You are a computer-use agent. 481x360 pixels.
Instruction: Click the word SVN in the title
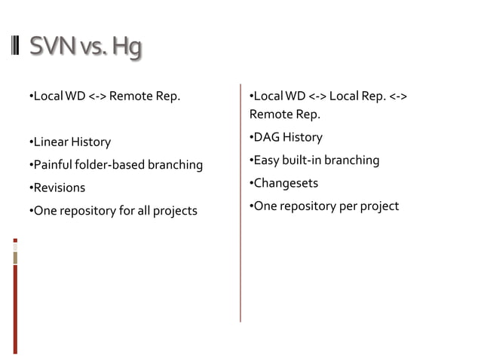[x=49, y=47]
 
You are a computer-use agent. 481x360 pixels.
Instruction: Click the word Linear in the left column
[x=50, y=142]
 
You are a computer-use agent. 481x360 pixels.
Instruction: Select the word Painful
[x=54, y=164]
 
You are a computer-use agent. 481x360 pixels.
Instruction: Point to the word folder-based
[x=112, y=164]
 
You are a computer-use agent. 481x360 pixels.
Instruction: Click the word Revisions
[x=59, y=188]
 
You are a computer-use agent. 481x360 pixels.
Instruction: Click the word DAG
[x=266, y=137]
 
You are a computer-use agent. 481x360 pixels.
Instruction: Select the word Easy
[x=266, y=160]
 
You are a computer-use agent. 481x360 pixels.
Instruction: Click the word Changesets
[x=286, y=183]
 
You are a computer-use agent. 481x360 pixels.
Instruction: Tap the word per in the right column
[x=348, y=206]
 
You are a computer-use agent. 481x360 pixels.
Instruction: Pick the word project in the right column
[x=379, y=206]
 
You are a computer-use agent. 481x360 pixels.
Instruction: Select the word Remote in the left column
[x=132, y=96]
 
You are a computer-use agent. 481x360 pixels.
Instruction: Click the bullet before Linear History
[x=31, y=142]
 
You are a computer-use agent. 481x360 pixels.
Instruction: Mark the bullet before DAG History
[x=251, y=137]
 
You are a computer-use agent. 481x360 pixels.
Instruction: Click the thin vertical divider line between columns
[x=240, y=203]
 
